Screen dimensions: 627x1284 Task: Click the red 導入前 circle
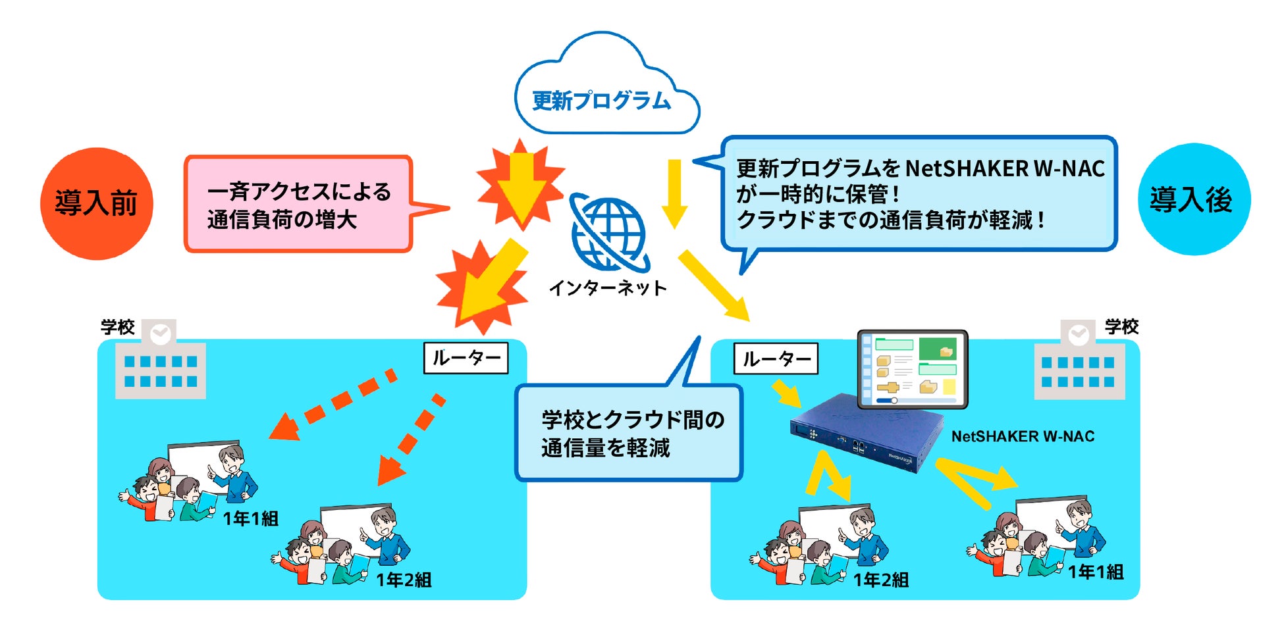click(x=97, y=203)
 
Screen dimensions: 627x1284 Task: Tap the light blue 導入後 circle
click(x=1193, y=199)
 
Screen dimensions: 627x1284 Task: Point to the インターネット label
click(x=607, y=288)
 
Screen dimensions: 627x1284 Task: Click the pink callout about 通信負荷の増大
click(x=298, y=204)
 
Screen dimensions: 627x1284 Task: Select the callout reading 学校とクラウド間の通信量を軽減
click(x=629, y=433)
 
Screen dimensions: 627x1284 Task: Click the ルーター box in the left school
click(x=466, y=358)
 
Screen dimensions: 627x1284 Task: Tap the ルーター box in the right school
click(x=776, y=359)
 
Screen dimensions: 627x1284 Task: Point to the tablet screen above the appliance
click(x=913, y=369)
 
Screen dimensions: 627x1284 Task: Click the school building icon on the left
click(x=160, y=362)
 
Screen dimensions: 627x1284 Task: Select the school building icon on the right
click(x=1079, y=363)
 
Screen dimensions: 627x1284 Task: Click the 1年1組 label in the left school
click(x=250, y=518)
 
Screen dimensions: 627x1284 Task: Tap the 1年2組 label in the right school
click(x=880, y=580)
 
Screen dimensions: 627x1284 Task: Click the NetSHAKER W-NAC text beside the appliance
click(x=1023, y=436)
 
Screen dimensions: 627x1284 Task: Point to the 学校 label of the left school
click(x=117, y=327)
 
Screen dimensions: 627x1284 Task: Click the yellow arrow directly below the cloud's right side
click(x=674, y=193)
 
